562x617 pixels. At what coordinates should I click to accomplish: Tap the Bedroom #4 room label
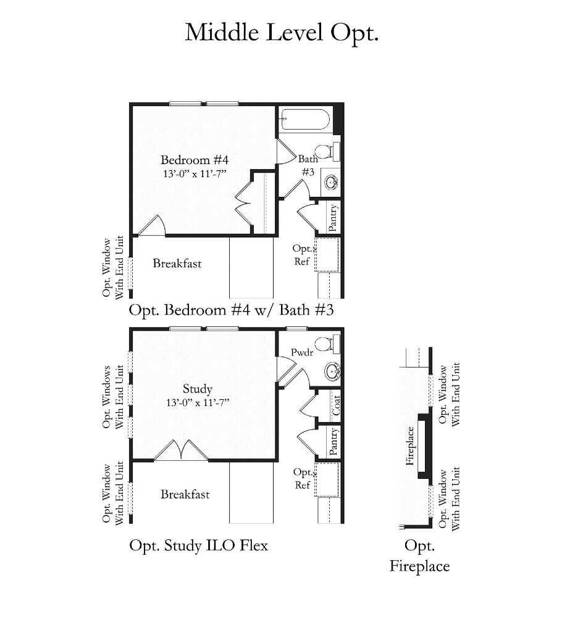[x=195, y=160]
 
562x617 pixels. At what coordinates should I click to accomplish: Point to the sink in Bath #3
[x=330, y=182]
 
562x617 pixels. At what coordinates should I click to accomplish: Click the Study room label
[x=197, y=389]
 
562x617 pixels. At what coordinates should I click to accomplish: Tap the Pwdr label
[x=302, y=352]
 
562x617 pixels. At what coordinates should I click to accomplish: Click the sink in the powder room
[x=332, y=371]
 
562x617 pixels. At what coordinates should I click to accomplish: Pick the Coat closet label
[x=335, y=405]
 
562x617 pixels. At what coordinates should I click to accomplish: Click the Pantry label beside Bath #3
[x=333, y=218]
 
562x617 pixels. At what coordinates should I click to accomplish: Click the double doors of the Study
[x=181, y=450]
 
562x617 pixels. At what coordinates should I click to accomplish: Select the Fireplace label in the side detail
[x=410, y=446]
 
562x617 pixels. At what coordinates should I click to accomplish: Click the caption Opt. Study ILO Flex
[x=198, y=546]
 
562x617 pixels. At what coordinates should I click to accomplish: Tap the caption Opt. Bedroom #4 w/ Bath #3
[x=231, y=310]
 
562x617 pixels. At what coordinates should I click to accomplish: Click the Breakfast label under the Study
[x=185, y=494]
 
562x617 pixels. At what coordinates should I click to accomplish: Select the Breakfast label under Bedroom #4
[x=177, y=263]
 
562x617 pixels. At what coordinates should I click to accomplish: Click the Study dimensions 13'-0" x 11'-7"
[x=198, y=403]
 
